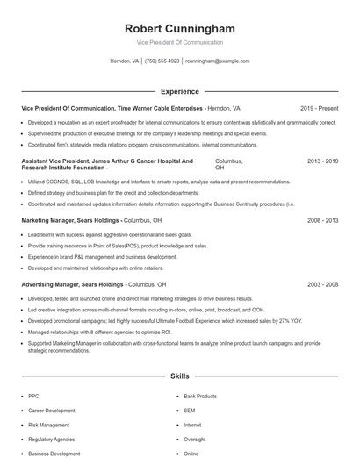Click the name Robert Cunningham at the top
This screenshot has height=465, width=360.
pos(180,29)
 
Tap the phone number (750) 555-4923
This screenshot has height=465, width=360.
pos(162,61)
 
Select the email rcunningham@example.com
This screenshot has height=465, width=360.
pos(218,61)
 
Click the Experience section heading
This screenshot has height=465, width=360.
pos(180,90)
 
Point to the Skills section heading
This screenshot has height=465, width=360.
pos(180,376)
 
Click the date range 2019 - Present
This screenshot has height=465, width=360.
pos(319,108)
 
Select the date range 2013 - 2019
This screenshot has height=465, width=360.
pos(322,162)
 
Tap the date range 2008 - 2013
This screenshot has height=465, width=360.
pos(322,220)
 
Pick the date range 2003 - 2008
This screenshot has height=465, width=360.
pos(322,284)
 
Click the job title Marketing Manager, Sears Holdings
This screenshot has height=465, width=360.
pos(70,220)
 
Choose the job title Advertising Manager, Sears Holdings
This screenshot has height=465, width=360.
pos(72,284)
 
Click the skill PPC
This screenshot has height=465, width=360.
pos(33,397)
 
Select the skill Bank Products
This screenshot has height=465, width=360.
pos(201,397)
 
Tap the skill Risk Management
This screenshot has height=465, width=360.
pos(48,426)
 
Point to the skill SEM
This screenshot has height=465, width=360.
pos(190,411)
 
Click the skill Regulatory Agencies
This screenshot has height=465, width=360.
pos(51,440)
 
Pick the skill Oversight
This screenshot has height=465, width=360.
pos(195,440)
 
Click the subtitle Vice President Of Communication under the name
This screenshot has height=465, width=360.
pos(180,42)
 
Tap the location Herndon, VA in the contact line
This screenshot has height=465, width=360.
pos(125,61)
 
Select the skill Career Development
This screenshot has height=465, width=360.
pos(51,411)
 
